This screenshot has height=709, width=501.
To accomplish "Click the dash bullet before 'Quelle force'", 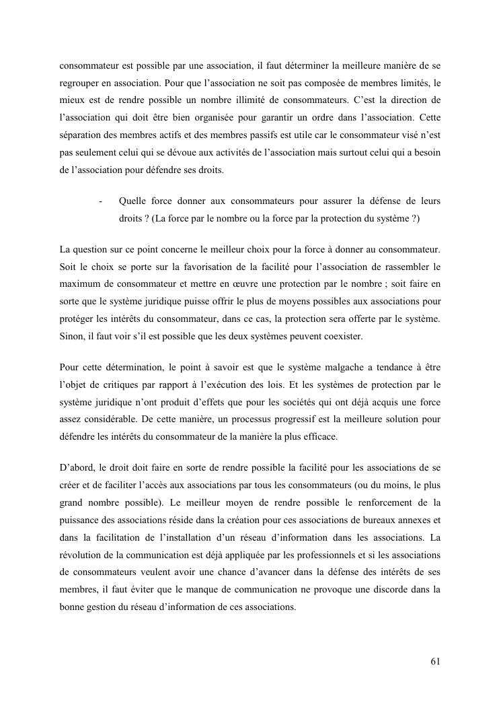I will tap(100, 201).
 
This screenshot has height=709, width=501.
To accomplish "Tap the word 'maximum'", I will tap(83, 284).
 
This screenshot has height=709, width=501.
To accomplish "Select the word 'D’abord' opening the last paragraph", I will tap(77, 469).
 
